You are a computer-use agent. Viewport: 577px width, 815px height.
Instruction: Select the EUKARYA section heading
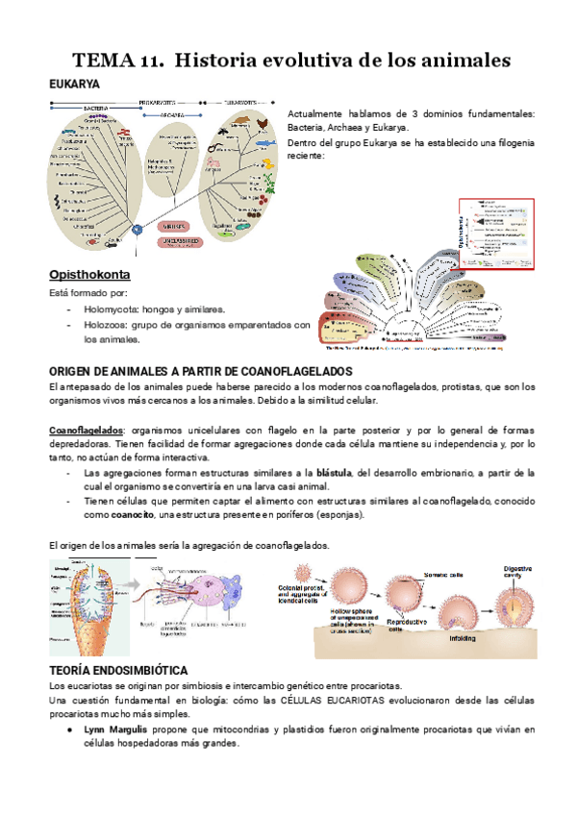pos(75,85)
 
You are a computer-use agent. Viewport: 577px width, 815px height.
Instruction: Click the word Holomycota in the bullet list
pos(113,309)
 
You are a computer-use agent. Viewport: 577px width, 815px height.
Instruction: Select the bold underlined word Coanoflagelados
pos(87,431)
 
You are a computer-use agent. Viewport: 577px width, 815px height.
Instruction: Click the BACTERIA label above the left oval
pos(94,108)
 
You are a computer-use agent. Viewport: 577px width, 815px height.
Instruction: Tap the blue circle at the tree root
pos(138,229)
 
